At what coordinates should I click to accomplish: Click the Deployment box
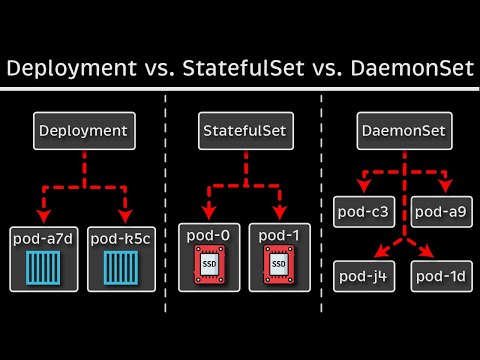click(x=83, y=130)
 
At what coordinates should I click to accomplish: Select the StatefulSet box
click(x=239, y=130)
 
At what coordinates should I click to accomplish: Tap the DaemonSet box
click(x=402, y=130)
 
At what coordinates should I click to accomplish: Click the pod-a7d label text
click(x=43, y=239)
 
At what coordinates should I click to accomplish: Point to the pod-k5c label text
click(x=121, y=239)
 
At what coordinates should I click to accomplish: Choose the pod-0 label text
click(x=209, y=236)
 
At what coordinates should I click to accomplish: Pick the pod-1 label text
click(x=270, y=236)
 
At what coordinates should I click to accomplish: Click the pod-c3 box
click(x=363, y=211)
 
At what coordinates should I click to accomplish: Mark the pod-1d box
click(x=441, y=275)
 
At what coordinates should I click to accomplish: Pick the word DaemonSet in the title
click(x=407, y=70)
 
